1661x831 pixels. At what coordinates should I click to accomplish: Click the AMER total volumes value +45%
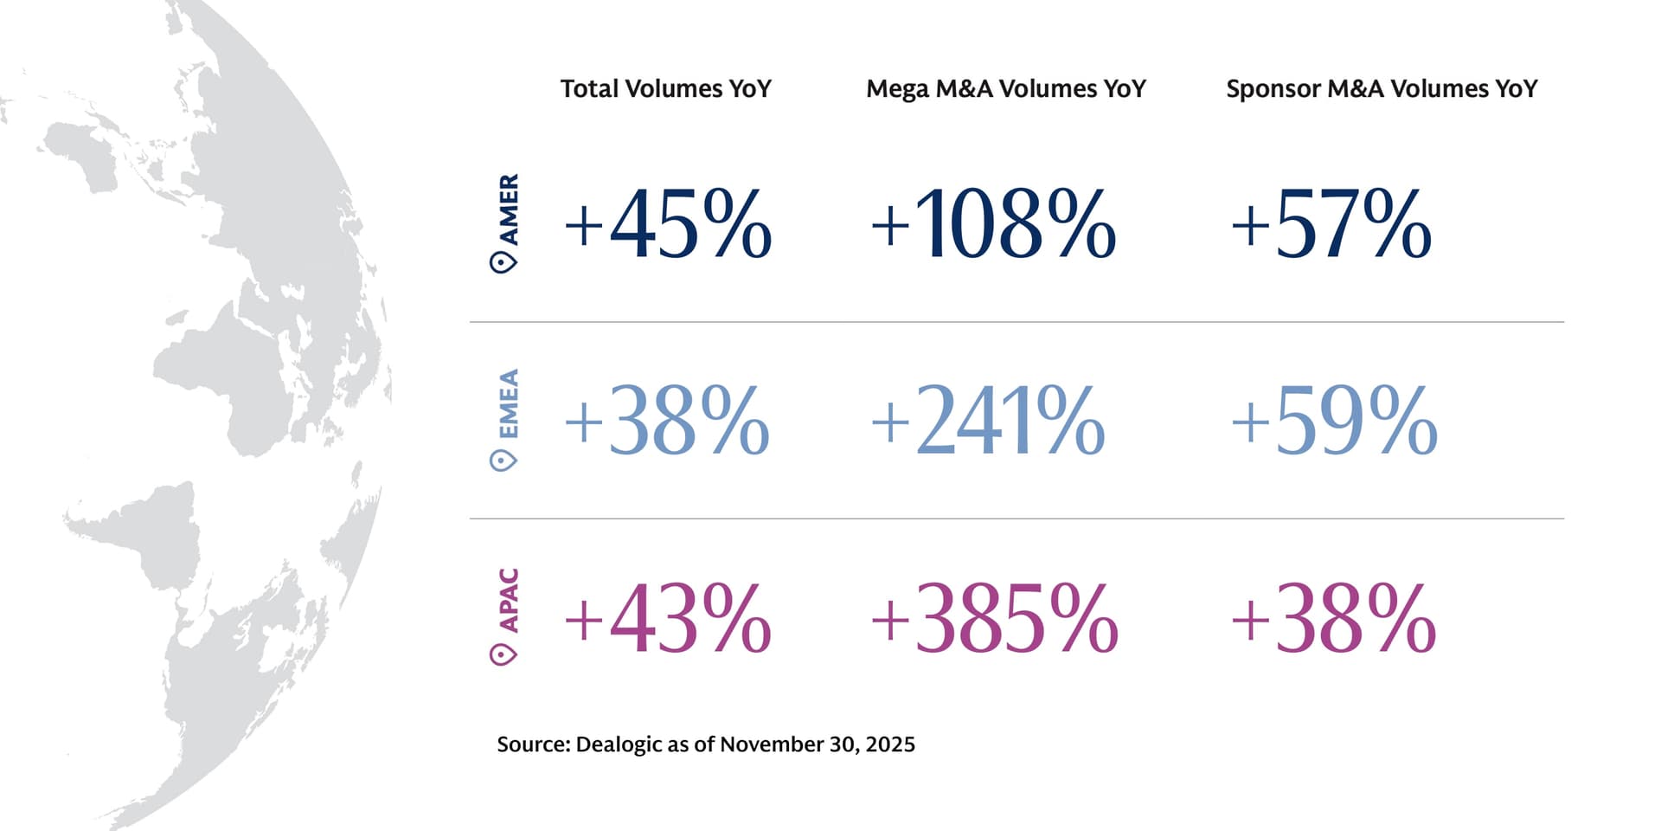(x=668, y=225)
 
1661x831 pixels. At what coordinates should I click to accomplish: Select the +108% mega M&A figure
(x=993, y=225)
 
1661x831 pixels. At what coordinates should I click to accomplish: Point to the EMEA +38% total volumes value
(x=667, y=422)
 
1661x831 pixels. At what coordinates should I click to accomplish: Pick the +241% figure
(x=988, y=422)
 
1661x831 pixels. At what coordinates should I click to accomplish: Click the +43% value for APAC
(x=668, y=619)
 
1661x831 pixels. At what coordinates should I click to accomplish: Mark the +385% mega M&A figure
(x=995, y=619)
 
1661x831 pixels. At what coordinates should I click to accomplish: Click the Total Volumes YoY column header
(x=665, y=89)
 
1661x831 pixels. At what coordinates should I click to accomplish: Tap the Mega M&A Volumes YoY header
(x=1005, y=89)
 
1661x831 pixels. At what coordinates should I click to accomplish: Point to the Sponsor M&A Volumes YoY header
(x=1382, y=89)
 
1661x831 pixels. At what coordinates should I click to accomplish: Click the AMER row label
(x=509, y=209)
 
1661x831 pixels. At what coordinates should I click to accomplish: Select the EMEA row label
(x=509, y=403)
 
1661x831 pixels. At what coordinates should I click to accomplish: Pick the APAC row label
(x=509, y=600)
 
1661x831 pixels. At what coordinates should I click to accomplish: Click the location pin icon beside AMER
(x=503, y=261)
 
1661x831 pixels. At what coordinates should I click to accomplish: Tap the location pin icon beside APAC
(x=503, y=654)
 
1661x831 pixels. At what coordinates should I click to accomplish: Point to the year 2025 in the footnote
(x=890, y=744)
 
